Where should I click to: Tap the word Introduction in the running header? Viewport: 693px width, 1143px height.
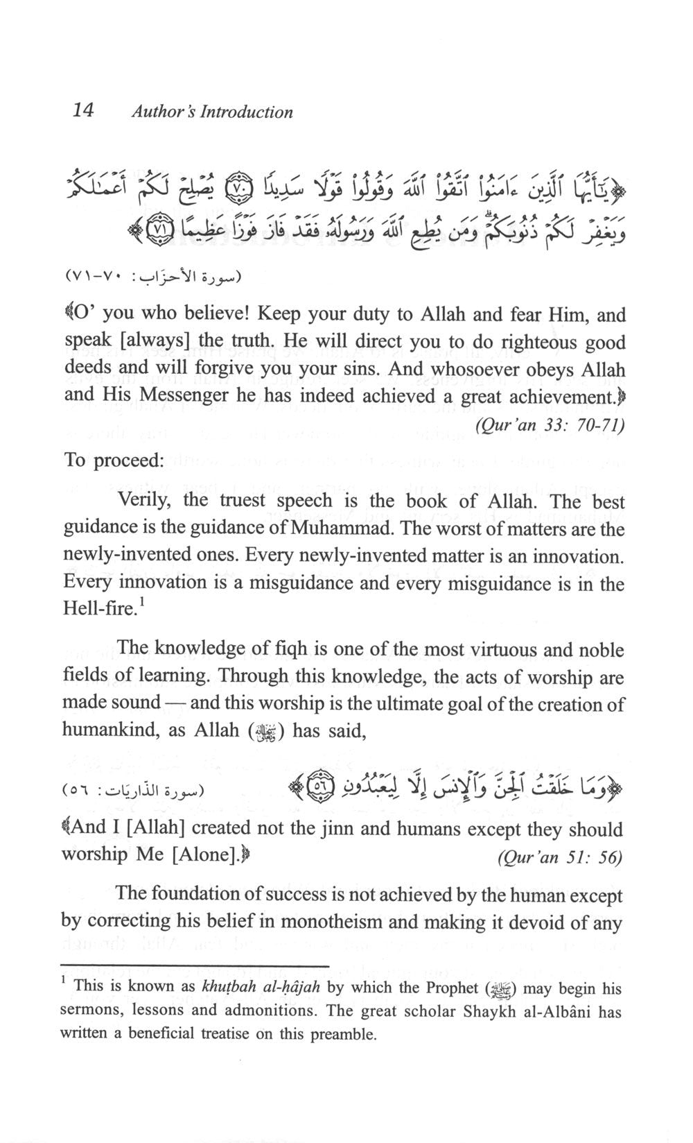pos(246,112)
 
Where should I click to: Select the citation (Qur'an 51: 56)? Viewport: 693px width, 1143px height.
pos(560,858)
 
